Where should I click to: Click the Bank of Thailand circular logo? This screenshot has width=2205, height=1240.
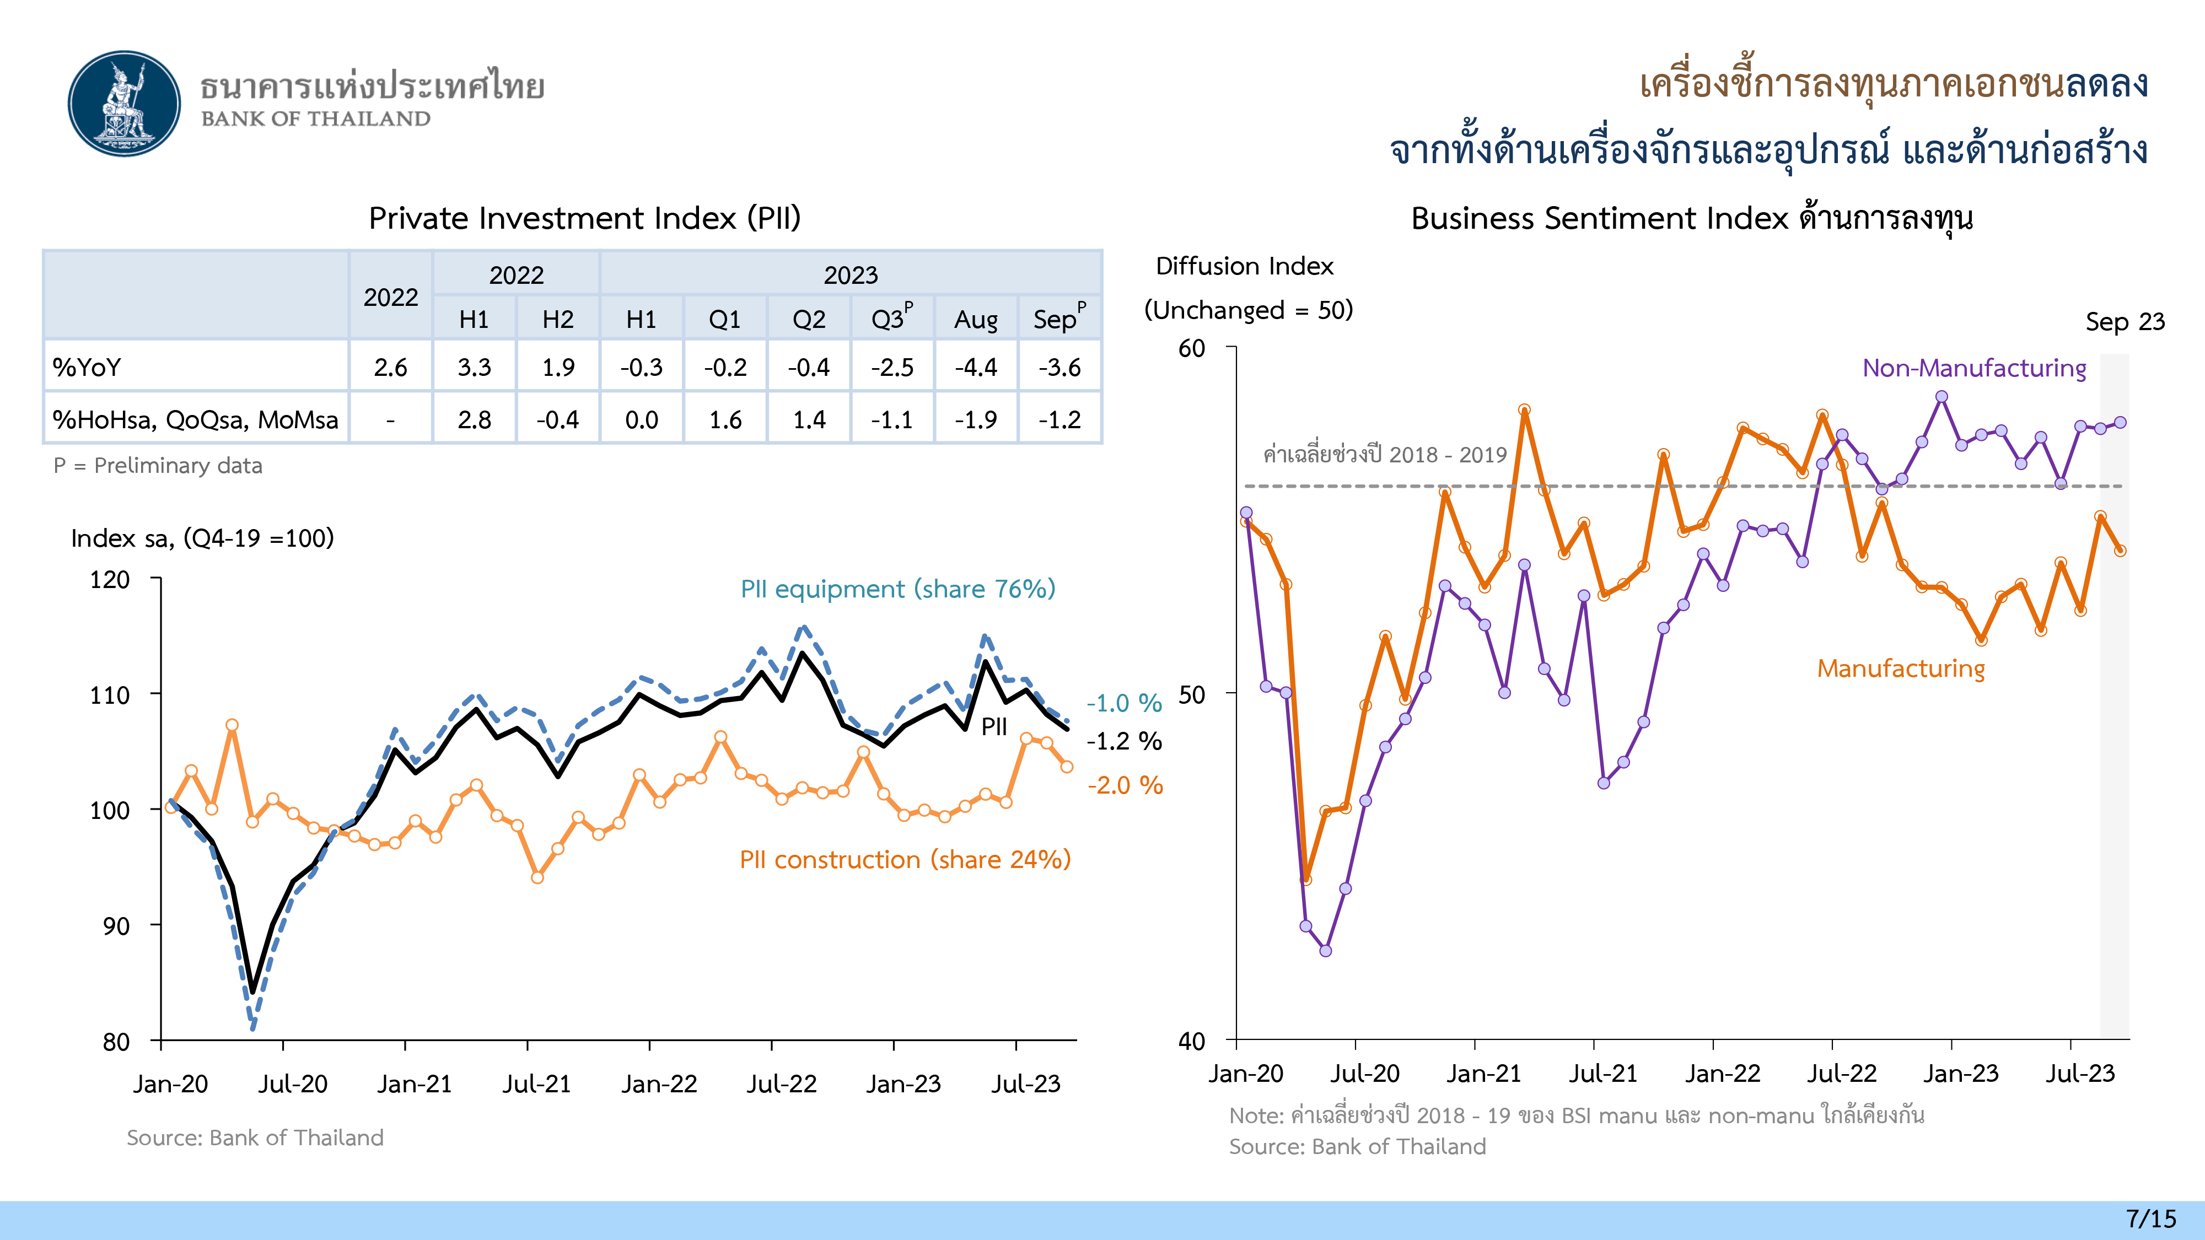pos(125,104)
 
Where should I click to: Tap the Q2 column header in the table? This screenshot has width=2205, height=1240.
pos(809,319)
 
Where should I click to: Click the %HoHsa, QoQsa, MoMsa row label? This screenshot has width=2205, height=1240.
pos(195,419)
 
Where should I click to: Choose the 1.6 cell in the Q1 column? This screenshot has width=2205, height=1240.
pos(725,419)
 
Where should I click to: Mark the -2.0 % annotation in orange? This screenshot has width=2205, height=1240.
pos(1125,785)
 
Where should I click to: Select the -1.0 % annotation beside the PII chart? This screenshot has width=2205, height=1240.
pos(1124,703)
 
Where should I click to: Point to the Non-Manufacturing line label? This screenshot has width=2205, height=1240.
pos(1974,368)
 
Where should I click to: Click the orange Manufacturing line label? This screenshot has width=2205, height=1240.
pos(1900,668)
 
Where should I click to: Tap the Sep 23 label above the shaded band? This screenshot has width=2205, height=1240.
pos(2125,322)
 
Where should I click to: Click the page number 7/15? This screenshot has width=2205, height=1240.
pos(2151,1219)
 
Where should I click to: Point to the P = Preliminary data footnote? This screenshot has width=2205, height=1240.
pos(158,466)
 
